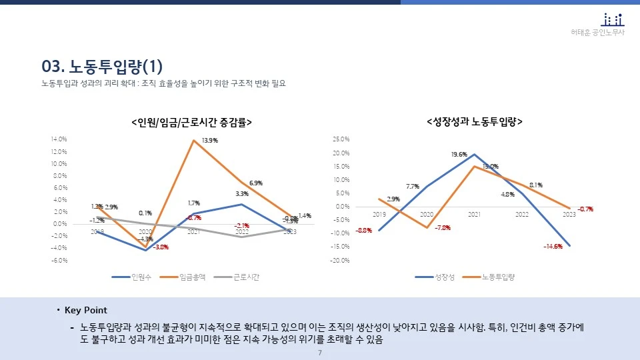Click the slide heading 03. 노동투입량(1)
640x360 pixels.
click(102, 67)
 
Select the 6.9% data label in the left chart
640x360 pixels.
click(255, 183)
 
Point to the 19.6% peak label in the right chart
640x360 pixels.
click(459, 154)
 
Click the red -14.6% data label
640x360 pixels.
click(553, 246)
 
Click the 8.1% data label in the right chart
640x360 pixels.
click(535, 185)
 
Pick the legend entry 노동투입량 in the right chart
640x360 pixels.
click(499, 277)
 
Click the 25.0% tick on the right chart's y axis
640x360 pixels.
click(341, 139)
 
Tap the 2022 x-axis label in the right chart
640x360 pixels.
click(521, 215)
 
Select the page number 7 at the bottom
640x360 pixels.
click(320, 352)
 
